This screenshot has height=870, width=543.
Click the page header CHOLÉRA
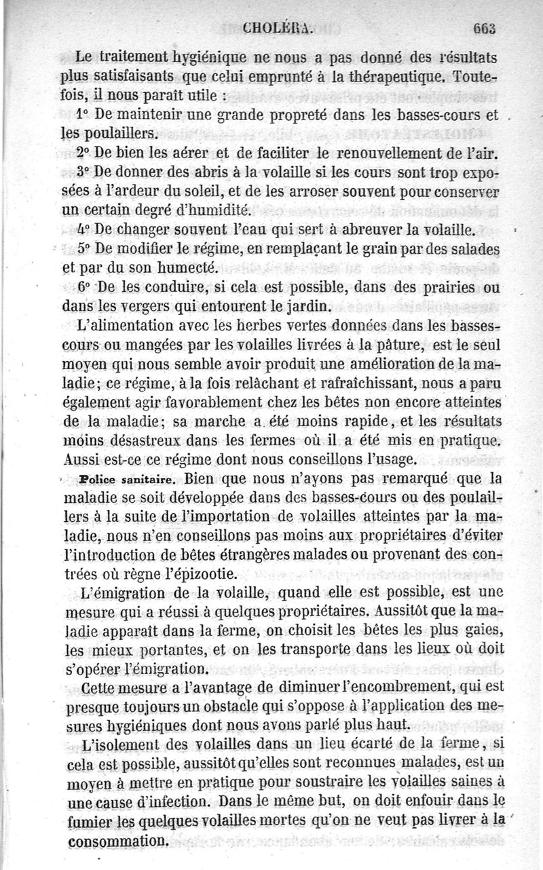[x=277, y=28]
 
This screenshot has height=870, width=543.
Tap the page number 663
[x=485, y=28]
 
